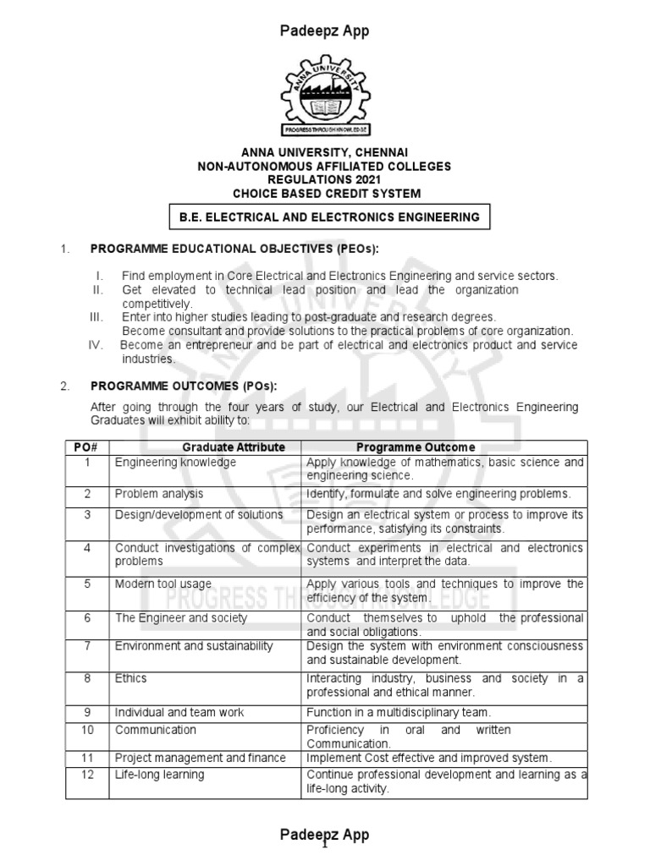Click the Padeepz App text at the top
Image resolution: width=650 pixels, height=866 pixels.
pos(325,31)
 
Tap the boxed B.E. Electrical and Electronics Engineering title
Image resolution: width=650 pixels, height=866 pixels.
pos(329,217)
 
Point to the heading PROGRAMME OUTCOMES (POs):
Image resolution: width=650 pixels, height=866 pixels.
pos(183,386)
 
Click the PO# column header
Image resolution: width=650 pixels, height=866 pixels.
pos(87,447)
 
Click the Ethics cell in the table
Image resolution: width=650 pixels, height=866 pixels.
pos(131,677)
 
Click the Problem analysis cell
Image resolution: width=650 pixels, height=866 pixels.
pos(159,493)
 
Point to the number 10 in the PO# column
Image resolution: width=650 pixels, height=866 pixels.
pos(87,729)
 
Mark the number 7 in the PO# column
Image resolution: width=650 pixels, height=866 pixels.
pos(87,645)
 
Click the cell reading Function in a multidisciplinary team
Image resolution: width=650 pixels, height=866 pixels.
pos(410,713)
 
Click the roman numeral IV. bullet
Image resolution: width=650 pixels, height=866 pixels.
pos(96,346)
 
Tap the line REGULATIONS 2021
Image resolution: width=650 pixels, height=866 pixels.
pos(325,179)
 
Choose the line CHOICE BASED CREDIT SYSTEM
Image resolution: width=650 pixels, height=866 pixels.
pos(325,192)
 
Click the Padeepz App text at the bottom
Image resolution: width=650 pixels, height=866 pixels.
pos(325,835)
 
